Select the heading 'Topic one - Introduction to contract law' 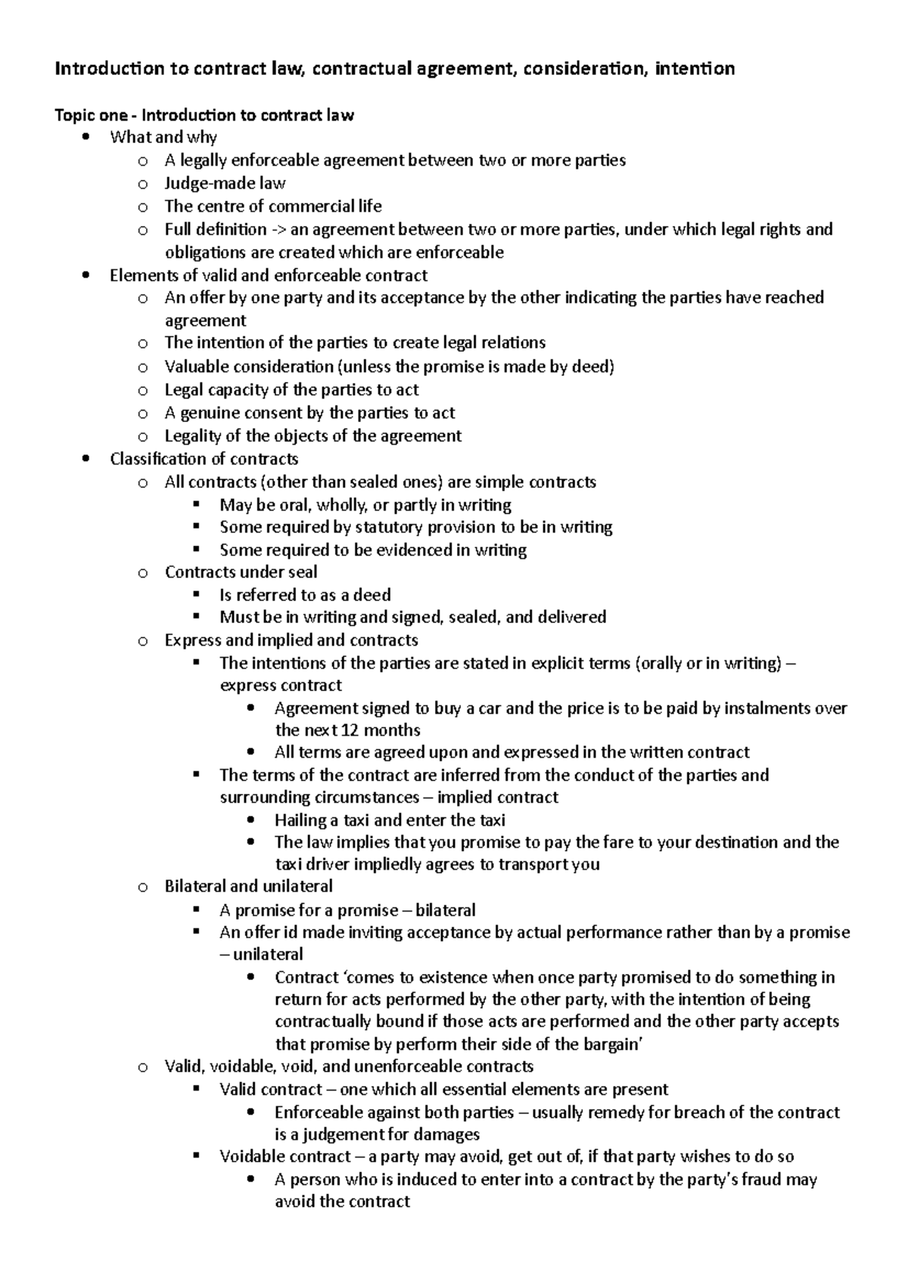pos(204,116)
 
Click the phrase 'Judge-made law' pos(225,183)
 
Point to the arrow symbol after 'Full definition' pos(278,229)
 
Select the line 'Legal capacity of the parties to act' pos(291,390)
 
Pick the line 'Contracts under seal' pos(241,572)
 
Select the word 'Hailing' pos(303,820)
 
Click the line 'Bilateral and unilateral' pos(248,886)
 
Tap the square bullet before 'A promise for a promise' pos(197,910)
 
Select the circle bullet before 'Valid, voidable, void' pos(142,1068)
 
